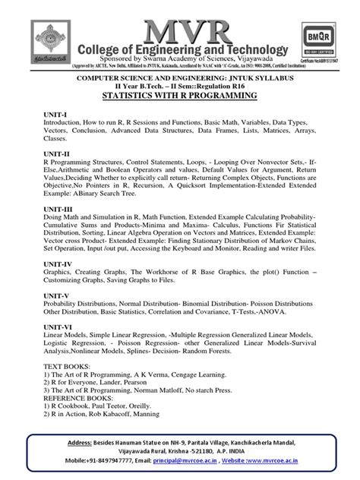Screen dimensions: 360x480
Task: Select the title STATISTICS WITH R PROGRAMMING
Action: tap(180, 96)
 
